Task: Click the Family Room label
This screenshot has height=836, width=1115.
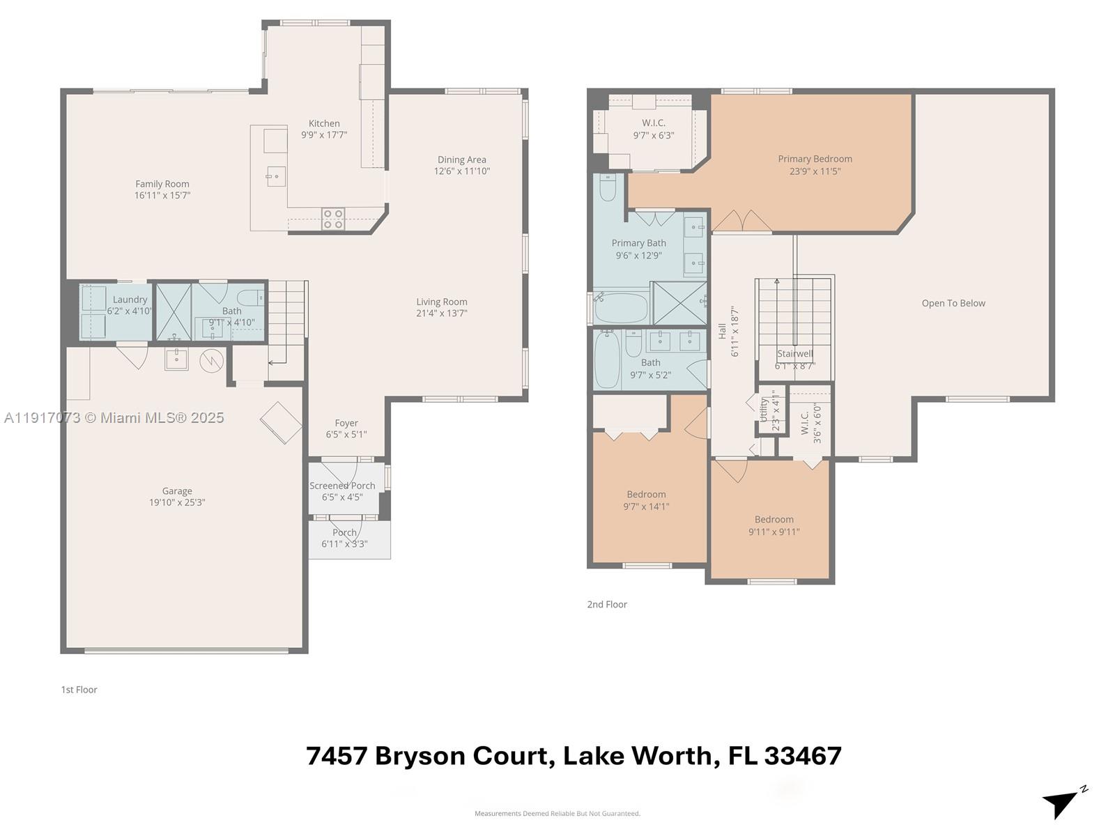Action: [162, 184]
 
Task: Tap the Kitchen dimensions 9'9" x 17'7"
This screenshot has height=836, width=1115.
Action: [324, 135]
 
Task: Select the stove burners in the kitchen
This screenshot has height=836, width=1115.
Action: [332, 219]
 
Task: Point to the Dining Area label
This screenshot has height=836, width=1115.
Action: [462, 160]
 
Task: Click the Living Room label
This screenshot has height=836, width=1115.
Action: [442, 302]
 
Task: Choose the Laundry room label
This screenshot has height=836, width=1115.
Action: [130, 300]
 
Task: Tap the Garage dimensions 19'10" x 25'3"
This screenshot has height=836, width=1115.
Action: [177, 502]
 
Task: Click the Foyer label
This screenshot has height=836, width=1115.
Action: [346, 423]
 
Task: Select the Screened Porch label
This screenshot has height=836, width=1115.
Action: [342, 486]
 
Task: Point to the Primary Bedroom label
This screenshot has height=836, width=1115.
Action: [815, 159]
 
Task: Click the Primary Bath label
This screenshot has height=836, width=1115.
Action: [639, 243]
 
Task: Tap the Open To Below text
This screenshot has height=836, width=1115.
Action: [953, 303]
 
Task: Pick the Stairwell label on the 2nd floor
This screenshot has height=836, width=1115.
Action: [795, 353]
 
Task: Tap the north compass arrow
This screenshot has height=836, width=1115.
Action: [1061, 803]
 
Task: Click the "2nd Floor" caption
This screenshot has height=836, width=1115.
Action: [607, 605]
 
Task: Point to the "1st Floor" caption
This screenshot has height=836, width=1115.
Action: [79, 690]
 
